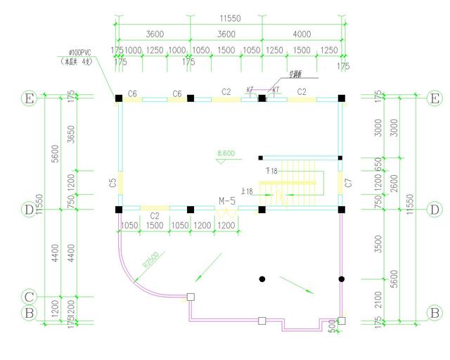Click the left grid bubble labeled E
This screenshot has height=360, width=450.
click(29, 98)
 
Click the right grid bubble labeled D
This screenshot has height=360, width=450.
click(435, 209)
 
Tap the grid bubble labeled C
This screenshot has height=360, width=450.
click(29, 297)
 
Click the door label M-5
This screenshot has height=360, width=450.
click(227, 201)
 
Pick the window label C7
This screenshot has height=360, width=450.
click(348, 184)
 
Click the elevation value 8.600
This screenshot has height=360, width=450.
click(226, 153)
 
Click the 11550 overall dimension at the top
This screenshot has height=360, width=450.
click(230, 15)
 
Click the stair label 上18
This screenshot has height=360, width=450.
click(247, 192)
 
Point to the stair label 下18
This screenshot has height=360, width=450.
click(271, 171)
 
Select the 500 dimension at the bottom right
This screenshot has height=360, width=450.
click(332, 325)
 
